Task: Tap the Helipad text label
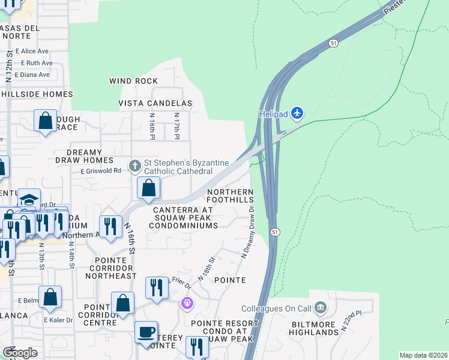(274, 113)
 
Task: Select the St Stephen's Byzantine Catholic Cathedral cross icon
(136, 165)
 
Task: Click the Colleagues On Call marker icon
(320, 308)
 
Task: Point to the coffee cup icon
(146, 332)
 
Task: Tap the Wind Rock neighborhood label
(133, 81)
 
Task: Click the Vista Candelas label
(155, 103)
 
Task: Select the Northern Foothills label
(230, 196)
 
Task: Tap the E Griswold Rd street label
(101, 170)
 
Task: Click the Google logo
(20, 353)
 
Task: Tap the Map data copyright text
(424, 355)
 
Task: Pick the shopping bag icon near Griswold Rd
(148, 188)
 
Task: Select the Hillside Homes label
(37, 94)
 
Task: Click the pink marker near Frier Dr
(187, 304)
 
